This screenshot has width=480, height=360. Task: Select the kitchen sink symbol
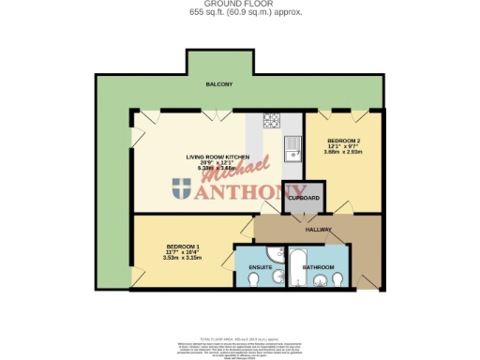point(293,146)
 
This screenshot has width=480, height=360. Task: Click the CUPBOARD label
point(304,198)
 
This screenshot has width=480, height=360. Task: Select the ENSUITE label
point(260,267)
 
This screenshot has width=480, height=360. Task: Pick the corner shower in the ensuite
point(243,254)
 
